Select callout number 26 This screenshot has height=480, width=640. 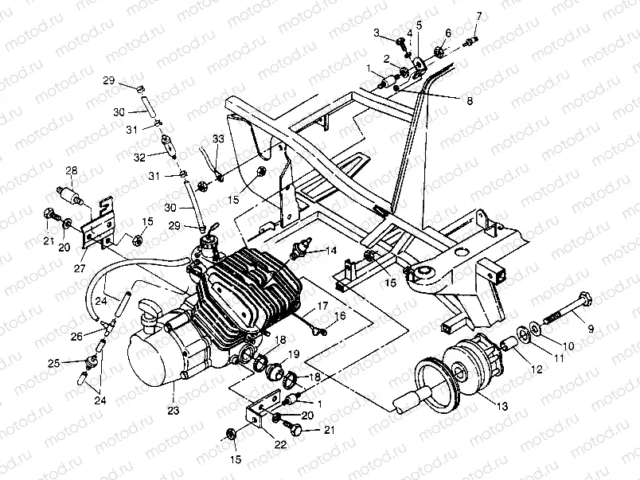pyautogui.click(x=76, y=337)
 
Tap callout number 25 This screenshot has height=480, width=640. pyautogui.click(x=54, y=364)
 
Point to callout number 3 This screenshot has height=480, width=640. pyautogui.click(x=377, y=32)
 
